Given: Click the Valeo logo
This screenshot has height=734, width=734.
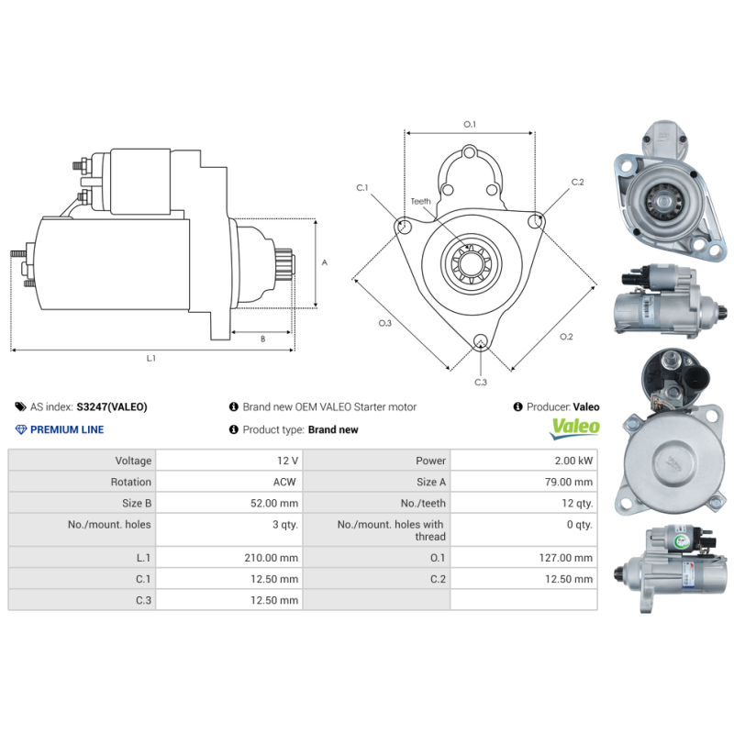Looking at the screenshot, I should click(x=574, y=428).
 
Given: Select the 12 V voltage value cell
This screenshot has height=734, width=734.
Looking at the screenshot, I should click(x=286, y=461).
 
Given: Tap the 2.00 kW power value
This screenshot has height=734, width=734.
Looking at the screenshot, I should click(x=574, y=461).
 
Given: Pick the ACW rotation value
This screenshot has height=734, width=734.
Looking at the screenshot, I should click(x=284, y=482).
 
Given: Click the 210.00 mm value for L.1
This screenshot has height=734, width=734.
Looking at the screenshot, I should click(x=276, y=557).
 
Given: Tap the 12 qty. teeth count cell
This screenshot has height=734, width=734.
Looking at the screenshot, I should click(x=577, y=503).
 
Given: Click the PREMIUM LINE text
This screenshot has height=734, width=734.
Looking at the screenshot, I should click(x=67, y=429).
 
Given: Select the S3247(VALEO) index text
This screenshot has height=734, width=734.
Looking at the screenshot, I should click(x=112, y=406).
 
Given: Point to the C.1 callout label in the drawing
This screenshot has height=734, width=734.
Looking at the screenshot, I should click(x=361, y=187).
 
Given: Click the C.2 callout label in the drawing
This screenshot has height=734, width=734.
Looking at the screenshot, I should click(x=577, y=182).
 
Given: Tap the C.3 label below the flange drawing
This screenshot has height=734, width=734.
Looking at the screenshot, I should click(x=480, y=382).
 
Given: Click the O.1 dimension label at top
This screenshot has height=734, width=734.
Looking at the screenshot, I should click(x=469, y=124).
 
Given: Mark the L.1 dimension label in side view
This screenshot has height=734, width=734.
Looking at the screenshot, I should click(x=151, y=358).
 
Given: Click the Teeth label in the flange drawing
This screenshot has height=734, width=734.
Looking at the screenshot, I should click(x=420, y=201).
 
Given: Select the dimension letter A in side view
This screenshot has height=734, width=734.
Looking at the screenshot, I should click(x=324, y=262).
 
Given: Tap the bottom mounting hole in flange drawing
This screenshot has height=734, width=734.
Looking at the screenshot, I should click(x=480, y=343).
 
